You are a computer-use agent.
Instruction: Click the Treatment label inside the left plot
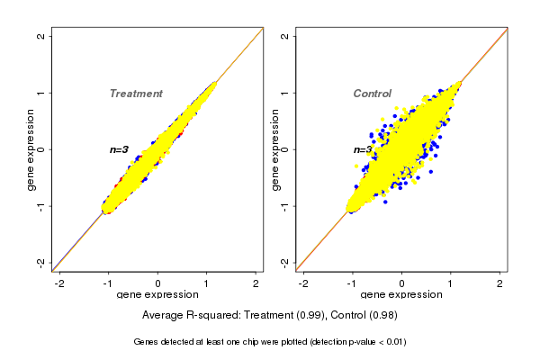point(136,94)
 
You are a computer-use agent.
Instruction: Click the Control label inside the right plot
point(372,94)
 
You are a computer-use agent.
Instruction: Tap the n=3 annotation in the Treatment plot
point(119,149)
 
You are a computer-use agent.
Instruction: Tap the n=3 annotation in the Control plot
point(362,149)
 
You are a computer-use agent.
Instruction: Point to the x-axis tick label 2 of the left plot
point(256,283)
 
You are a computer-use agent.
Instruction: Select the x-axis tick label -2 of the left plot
point(59,283)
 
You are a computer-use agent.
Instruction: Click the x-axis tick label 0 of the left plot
point(158,283)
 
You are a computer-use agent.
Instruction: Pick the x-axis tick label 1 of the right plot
point(451,283)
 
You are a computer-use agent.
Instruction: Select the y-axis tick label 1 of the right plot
point(285,93)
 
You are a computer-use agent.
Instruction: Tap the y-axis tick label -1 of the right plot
point(285,206)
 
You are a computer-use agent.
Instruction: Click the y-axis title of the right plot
point(274,149)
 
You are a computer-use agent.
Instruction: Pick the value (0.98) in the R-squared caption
point(382,316)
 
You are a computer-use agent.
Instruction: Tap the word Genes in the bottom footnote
point(148,342)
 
